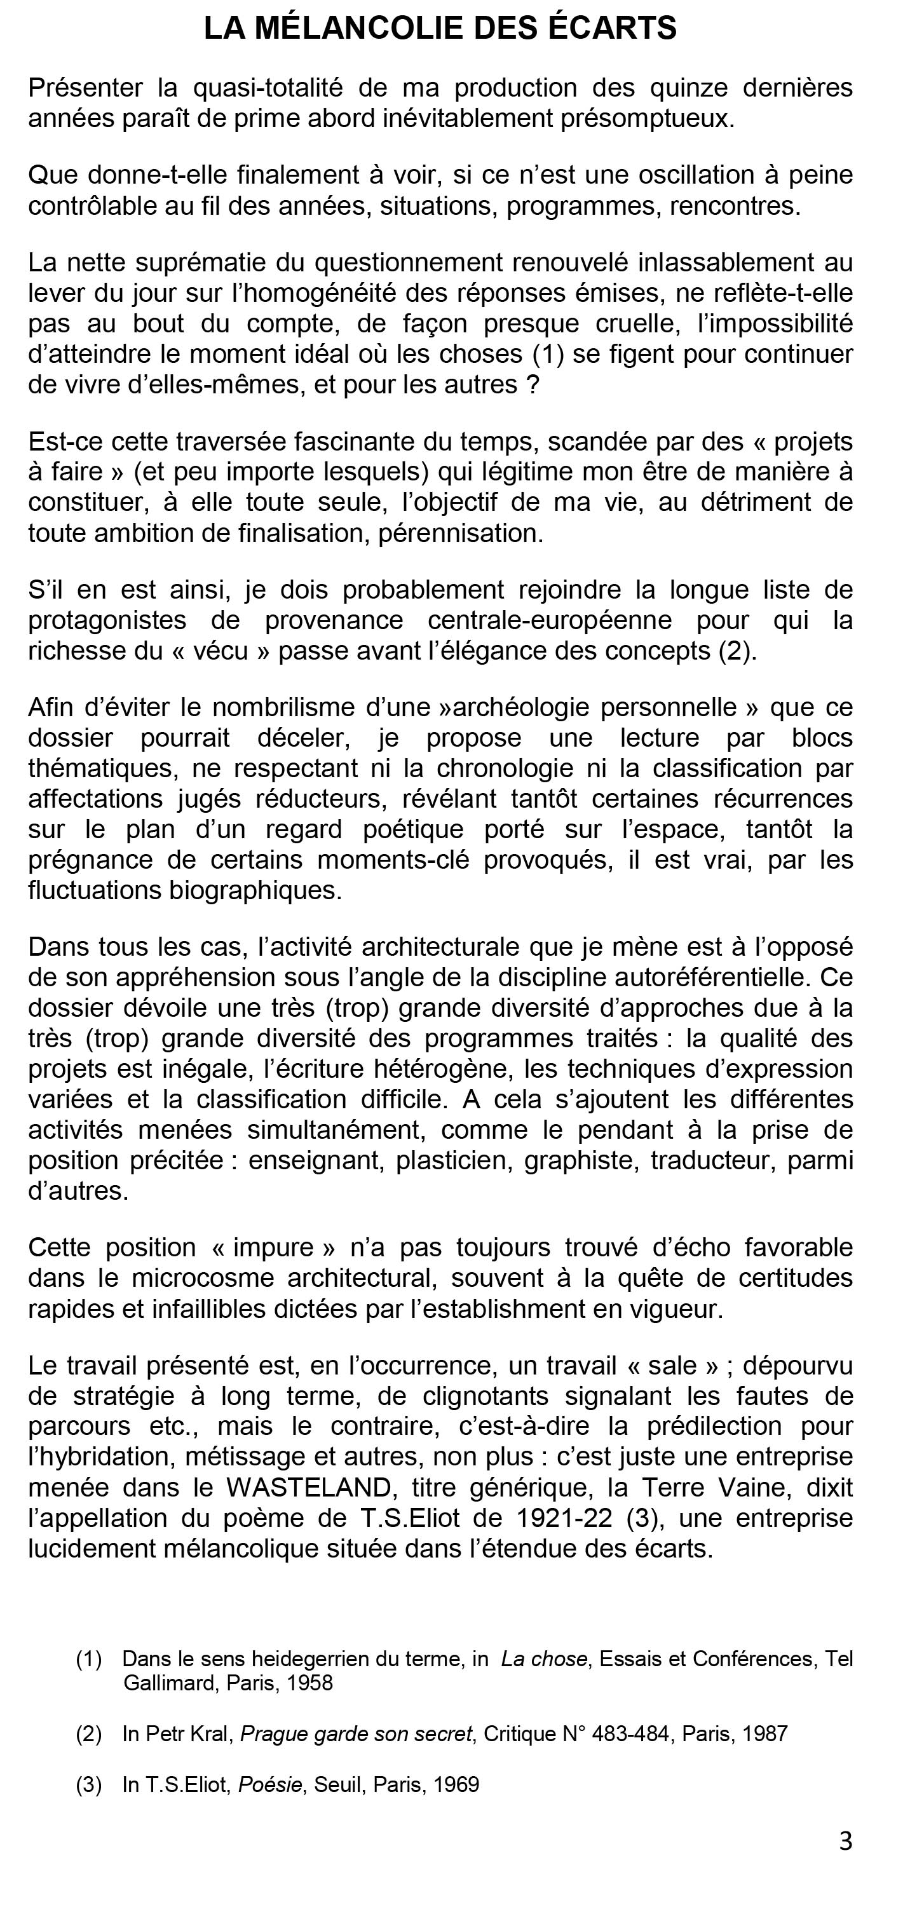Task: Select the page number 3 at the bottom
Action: tap(845, 1840)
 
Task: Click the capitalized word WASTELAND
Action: tap(308, 1486)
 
